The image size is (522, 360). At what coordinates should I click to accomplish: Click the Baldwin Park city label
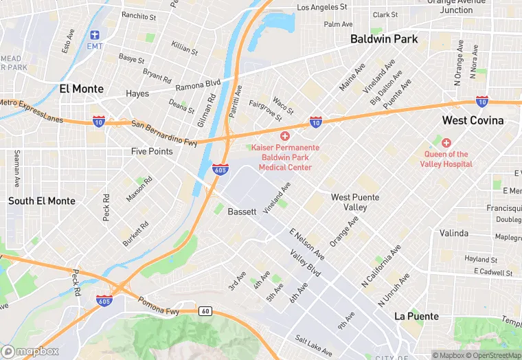(384, 39)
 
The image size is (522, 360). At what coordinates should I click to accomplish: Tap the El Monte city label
(82, 89)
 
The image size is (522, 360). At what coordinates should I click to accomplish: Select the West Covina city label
(473, 120)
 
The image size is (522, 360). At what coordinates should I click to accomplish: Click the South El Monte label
(41, 201)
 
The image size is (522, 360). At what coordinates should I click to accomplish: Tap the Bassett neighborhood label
(242, 212)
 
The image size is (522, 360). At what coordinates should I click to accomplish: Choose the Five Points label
(152, 151)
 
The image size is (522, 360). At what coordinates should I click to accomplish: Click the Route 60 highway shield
(205, 311)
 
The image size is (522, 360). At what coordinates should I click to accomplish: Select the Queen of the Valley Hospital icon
(446, 143)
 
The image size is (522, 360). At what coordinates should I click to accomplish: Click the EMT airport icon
(94, 34)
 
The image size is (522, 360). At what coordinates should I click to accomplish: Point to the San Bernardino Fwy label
(164, 134)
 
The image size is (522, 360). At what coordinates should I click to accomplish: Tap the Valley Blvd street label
(305, 263)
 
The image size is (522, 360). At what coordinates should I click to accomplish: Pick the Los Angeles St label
(321, 8)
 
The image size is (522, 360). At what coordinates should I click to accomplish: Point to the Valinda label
(454, 233)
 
